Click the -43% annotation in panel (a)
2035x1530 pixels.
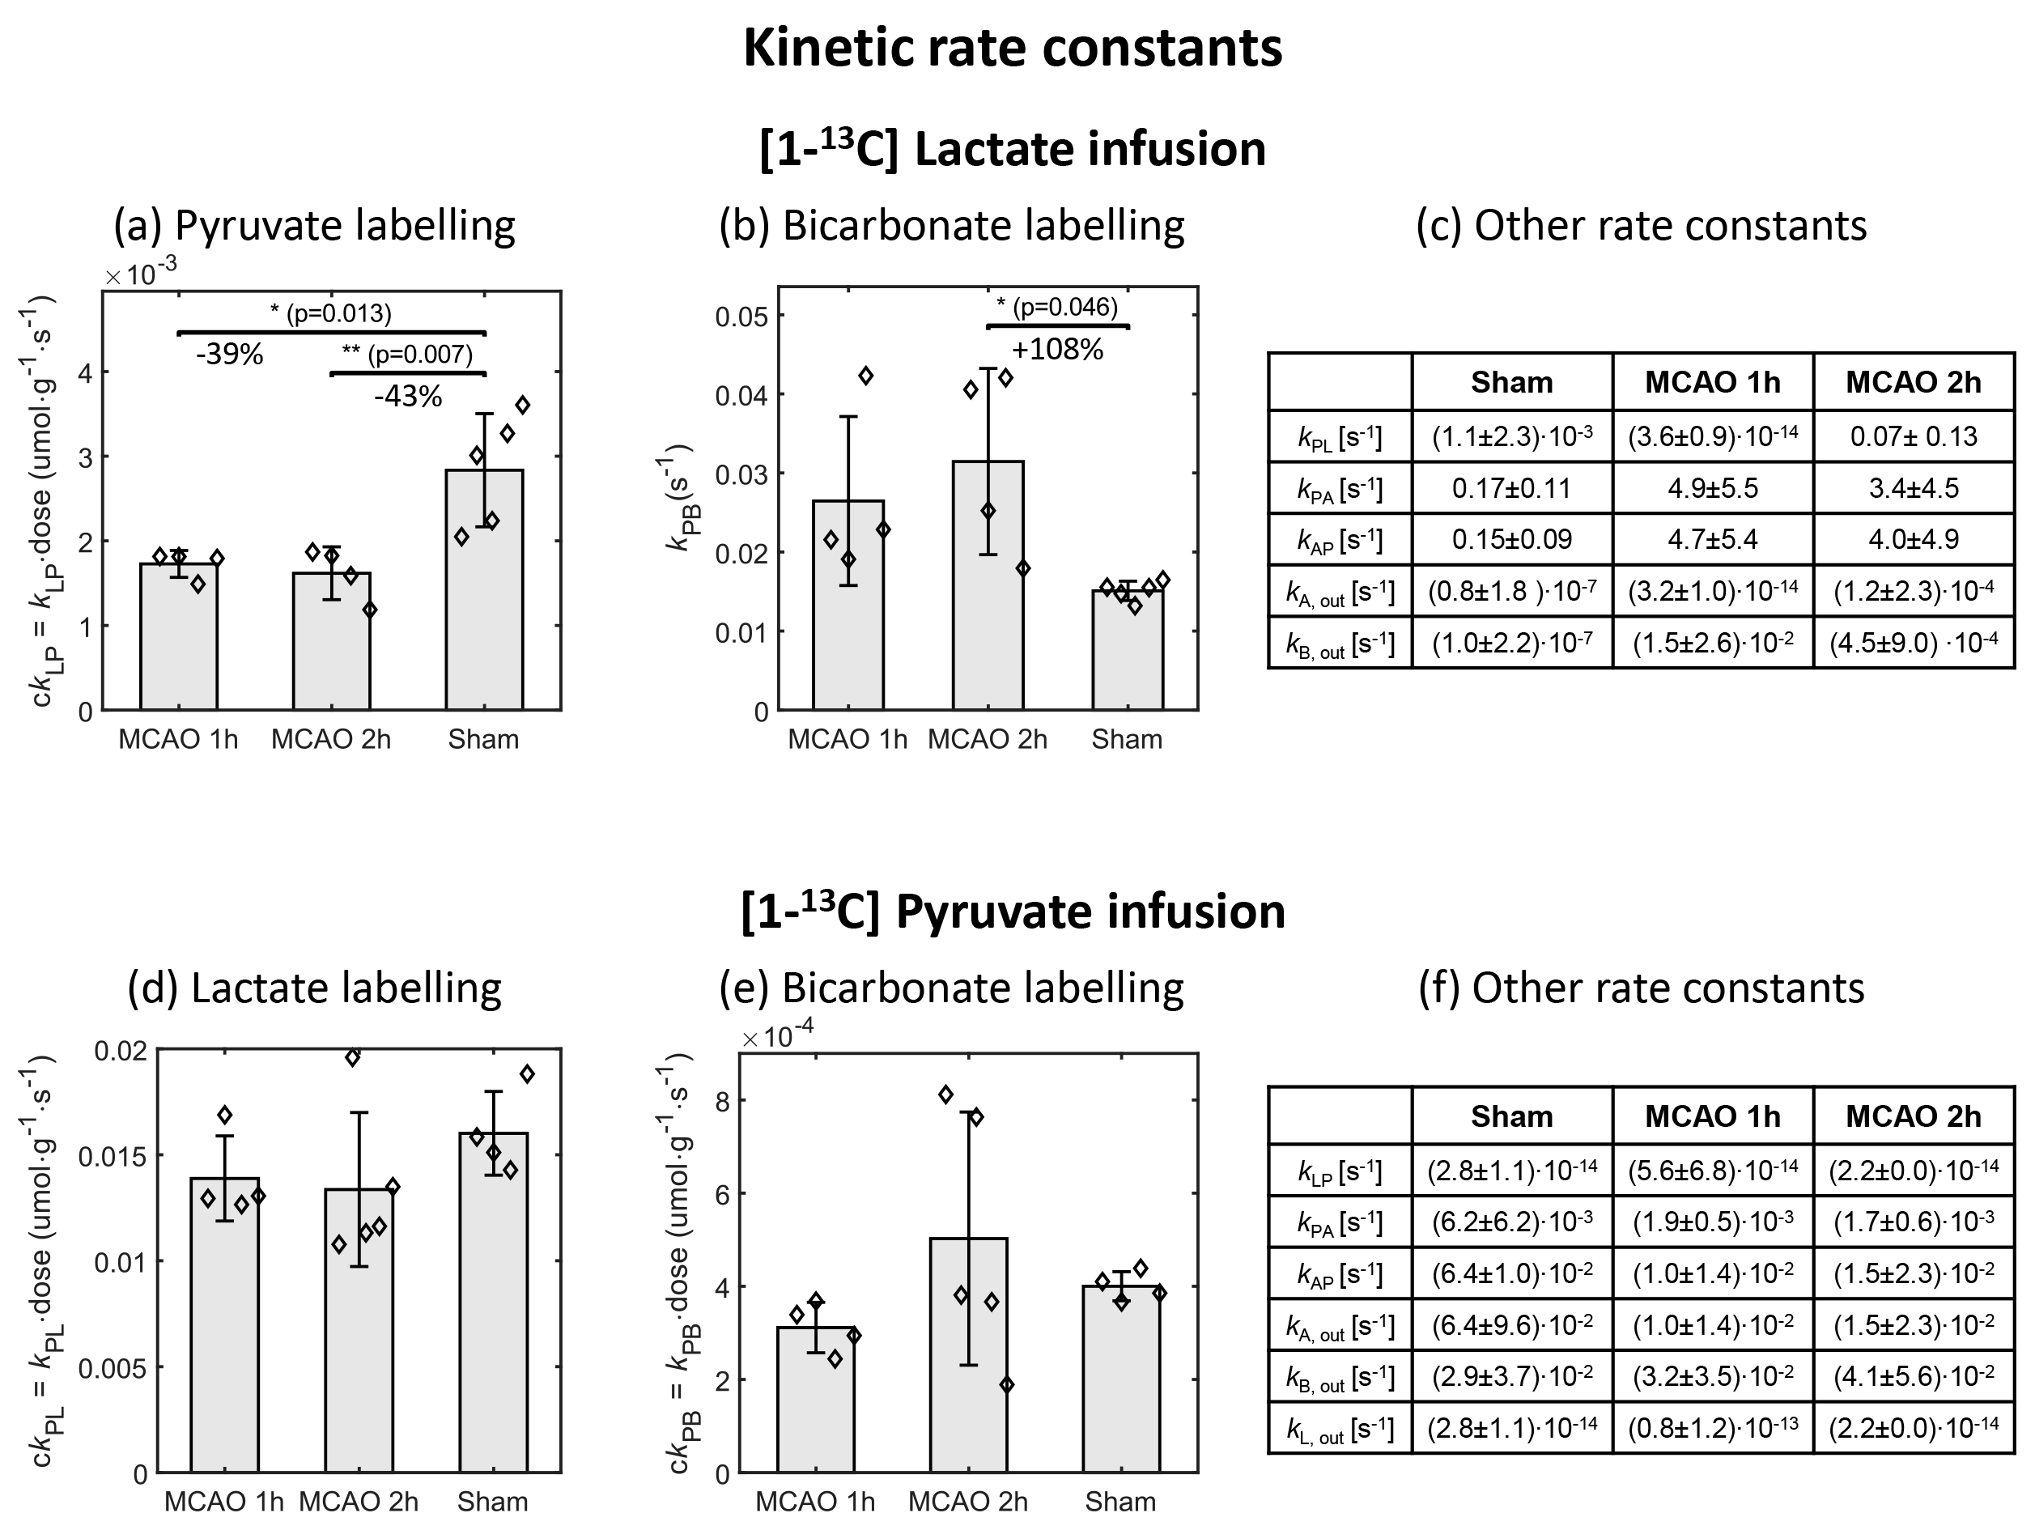(x=407, y=397)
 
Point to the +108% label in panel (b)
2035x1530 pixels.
(x=1057, y=350)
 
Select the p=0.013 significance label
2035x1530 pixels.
(x=331, y=314)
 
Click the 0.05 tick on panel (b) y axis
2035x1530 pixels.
(x=741, y=317)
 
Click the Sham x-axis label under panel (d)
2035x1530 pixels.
(x=492, y=1502)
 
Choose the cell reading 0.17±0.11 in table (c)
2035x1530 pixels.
(x=1511, y=487)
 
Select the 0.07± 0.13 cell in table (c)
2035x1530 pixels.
(x=1913, y=436)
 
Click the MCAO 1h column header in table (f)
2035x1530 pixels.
(x=1712, y=1116)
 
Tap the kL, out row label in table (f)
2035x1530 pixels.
(x=1340, y=1428)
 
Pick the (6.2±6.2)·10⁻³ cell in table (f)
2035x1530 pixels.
(x=1511, y=1222)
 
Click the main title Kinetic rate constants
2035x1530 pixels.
(x=1012, y=48)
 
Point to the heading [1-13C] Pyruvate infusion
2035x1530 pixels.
(x=1012, y=911)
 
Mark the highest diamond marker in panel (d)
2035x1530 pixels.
(x=352, y=1058)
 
